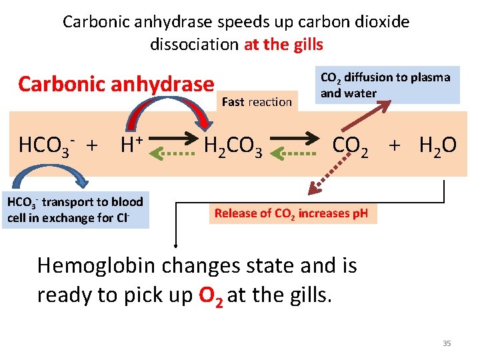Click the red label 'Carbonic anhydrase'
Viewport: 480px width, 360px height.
click(x=115, y=85)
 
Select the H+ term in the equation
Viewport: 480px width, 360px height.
click(x=132, y=144)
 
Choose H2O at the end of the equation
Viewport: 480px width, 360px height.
click(x=438, y=145)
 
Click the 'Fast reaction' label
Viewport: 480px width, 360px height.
click(x=257, y=102)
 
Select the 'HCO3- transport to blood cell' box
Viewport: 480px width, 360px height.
click(x=75, y=210)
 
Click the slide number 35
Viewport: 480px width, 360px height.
click(x=447, y=343)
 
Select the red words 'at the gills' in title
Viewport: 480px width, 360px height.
click(x=284, y=45)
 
